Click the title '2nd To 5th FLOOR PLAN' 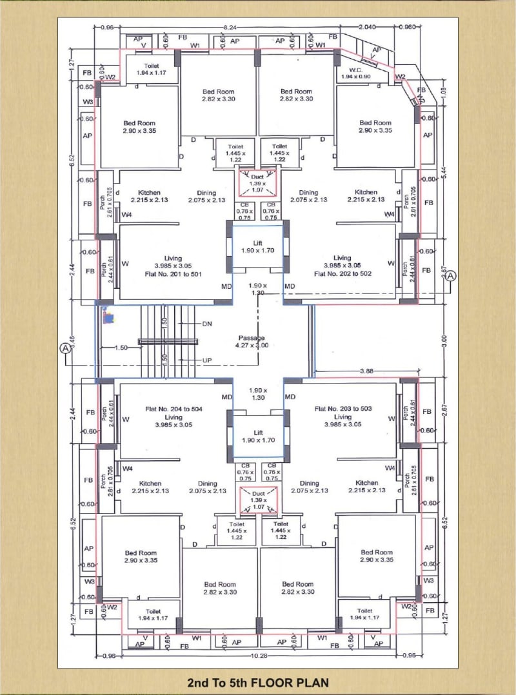[x=258, y=682]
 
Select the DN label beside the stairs [x=207, y=323]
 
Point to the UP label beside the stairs [x=207, y=359]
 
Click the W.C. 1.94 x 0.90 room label [x=359, y=73]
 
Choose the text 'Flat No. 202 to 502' [x=342, y=273]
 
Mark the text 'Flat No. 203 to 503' [x=342, y=409]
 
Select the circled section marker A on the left [x=64, y=347]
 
